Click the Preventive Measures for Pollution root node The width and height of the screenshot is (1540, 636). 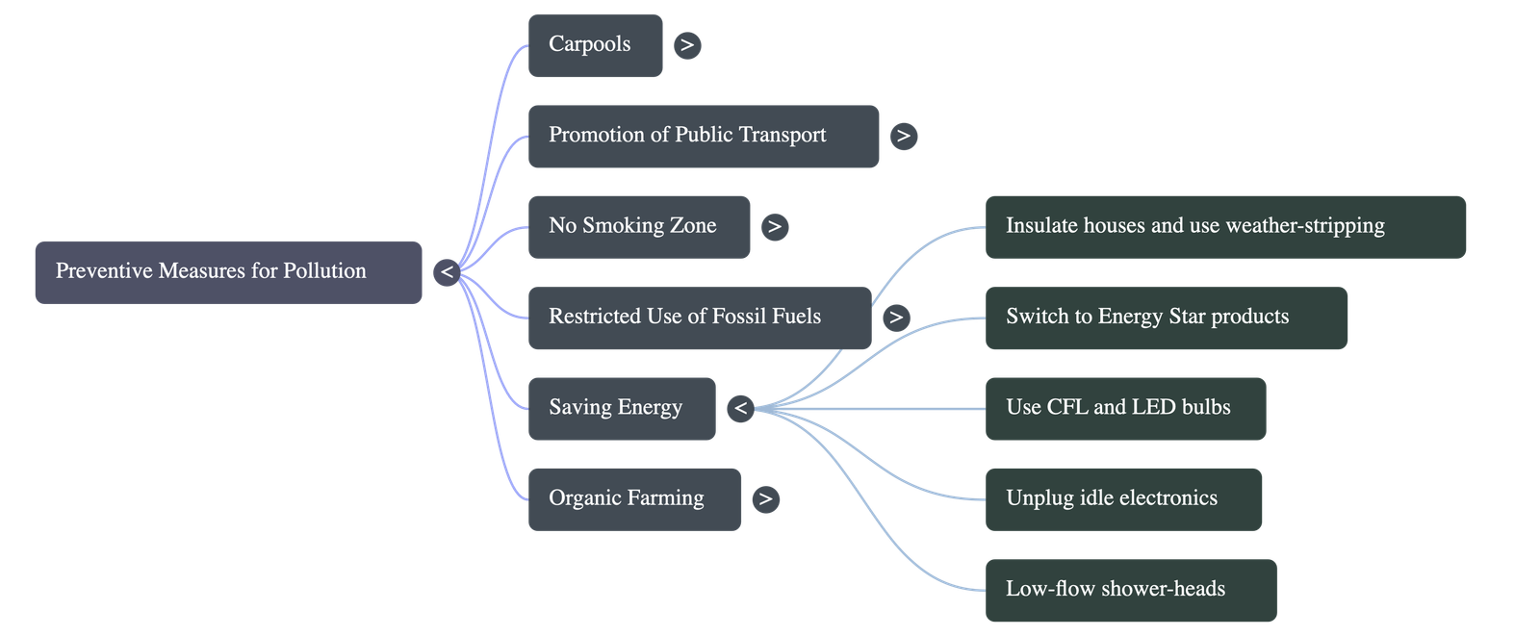(x=228, y=272)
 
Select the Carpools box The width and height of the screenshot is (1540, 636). (x=595, y=45)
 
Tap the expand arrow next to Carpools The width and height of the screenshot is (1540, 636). (x=686, y=45)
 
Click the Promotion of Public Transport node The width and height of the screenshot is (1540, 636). (x=703, y=136)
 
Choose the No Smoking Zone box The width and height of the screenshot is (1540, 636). (x=638, y=226)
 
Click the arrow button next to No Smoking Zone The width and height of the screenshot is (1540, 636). (x=774, y=227)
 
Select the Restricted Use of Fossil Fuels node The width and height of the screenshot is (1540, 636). (x=699, y=318)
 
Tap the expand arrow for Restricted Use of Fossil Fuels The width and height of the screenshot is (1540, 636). (x=896, y=318)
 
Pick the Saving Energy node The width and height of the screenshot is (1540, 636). (x=621, y=409)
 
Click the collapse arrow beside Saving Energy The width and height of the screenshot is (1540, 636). (x=740, y=409)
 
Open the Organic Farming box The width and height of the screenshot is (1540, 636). (x=633, y=499)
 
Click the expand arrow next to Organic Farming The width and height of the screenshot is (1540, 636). (x=765, y=499)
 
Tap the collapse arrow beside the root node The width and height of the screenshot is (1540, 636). (x=446, y=272)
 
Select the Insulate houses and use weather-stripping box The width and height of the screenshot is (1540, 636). (x=1225, y=226)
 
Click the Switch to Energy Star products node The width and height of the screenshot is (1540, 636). (x=1166, y=318)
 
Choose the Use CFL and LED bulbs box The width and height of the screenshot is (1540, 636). (x=1125, y=409)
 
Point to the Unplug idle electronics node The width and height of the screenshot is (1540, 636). (x=1123, y=499)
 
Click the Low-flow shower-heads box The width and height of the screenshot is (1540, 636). (x=1131, y=590)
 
